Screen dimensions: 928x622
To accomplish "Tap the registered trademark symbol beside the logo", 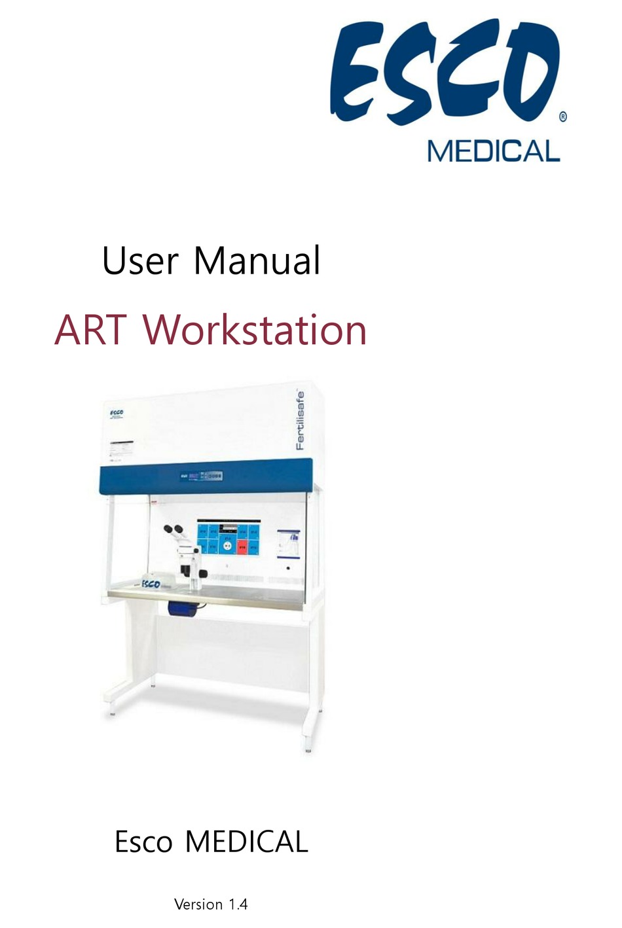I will (x=563, y=117).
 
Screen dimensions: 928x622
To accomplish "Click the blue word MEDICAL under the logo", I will (x=494, y=151).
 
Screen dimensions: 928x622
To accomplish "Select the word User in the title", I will (x=139, y=260).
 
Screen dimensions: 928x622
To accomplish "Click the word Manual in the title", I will (x=257, y=260).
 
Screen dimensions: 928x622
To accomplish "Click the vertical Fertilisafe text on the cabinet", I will (x=300, y=421).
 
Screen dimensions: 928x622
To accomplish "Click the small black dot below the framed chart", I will (x=288, y=568).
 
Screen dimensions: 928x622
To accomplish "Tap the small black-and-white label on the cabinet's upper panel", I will (x=120, y=450).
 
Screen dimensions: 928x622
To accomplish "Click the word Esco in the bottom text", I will (x=143, y=842).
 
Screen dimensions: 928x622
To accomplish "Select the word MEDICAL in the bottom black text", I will (x=247, y=842).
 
